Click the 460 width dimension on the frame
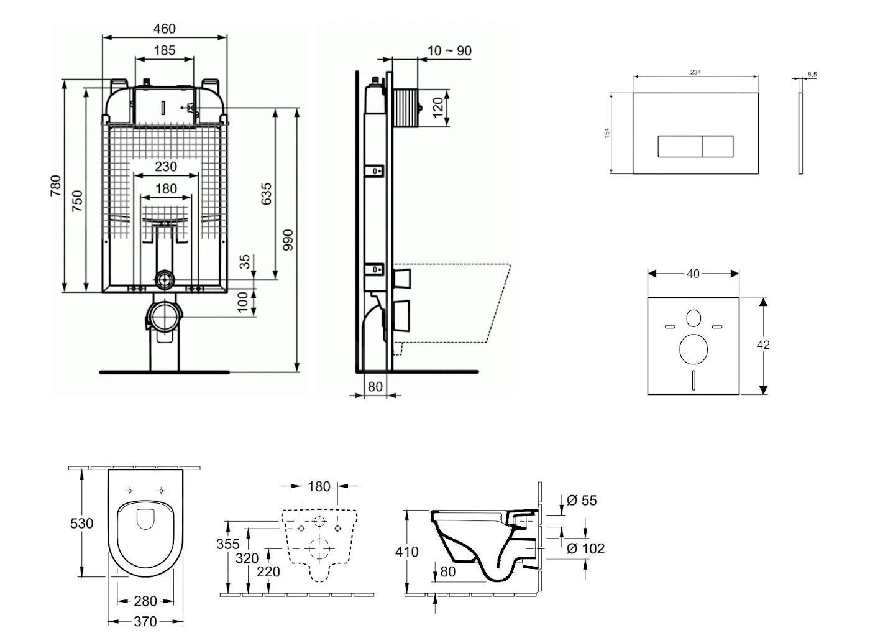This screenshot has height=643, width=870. click(164, 29)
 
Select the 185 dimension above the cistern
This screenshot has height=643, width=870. click(164, 50)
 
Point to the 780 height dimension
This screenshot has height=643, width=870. click(56, 186)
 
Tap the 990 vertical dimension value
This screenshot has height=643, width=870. click(288, 240)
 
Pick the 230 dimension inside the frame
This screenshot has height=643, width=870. click(165, 167)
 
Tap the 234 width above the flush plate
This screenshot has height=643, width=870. click(695, 72)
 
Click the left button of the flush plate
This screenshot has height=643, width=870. click(680, 147)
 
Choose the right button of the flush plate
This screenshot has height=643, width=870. click(718, 147)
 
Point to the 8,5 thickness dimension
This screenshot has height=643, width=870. click(812, 75)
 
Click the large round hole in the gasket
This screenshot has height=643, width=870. click(694, 349)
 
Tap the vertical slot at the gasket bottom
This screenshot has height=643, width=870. click(694, 380)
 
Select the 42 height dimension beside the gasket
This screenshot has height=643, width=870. click(763, 345)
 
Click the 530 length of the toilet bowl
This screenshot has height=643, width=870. click(81, 523)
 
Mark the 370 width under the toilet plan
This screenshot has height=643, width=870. click(145, 621)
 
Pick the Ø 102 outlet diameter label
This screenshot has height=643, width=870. click(585, 548)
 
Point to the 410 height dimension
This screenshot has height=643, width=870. click(407, 552)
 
